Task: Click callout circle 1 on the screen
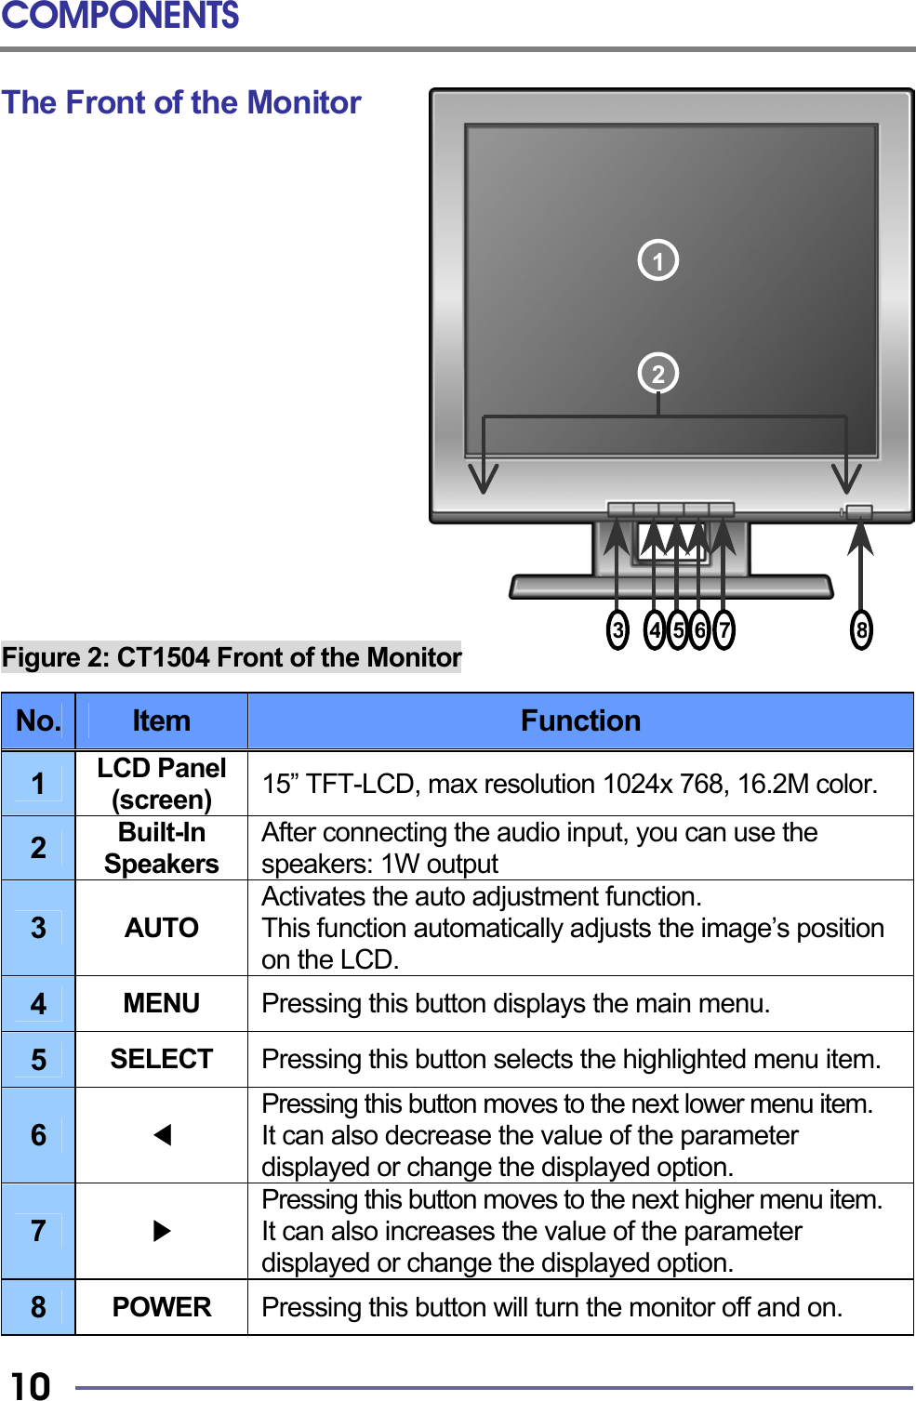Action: tap(657, 260)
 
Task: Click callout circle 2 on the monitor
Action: tap(657, 374)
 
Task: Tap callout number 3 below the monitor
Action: tap(617, 630)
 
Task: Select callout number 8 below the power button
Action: tap(861, 630)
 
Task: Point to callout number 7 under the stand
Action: tap(724, 630)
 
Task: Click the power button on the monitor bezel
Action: tap(858, 512)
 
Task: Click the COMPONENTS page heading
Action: tap(120, 16)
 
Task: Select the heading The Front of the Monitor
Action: tap(181, 102)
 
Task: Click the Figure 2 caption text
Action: tap(232, 657)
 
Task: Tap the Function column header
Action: tap(580, 720)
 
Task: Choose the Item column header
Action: tap(161, 720)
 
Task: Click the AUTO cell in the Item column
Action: tap(161, 928)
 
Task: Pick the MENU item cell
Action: tap(161, 1003)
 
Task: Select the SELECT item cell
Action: tap(161, 1059)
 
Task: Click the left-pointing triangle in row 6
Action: tap(162, 1135)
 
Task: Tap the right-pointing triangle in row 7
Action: tap(162, 1231)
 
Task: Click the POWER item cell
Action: tap(161, 1307)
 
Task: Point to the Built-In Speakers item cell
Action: tap(161, 848)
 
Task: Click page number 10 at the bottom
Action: tap(31, 1385)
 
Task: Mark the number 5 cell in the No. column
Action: tap(38, 1060)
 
